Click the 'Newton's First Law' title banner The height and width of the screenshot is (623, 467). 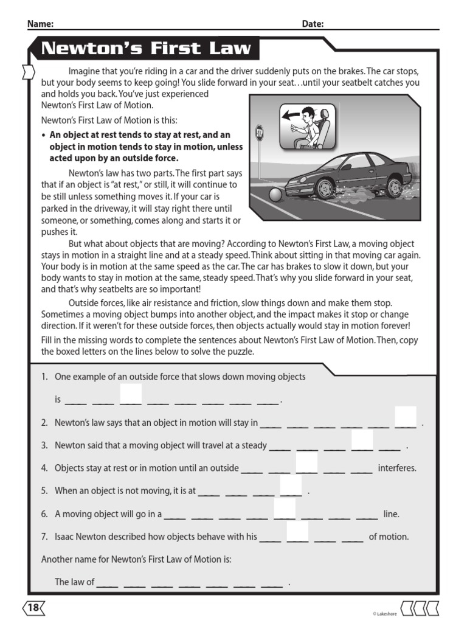pos(146,49)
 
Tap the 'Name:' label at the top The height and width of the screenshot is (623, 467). pos(40,24)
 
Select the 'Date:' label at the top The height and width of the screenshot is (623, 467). pos(313,24)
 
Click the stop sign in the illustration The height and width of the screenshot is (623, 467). pos(260,133)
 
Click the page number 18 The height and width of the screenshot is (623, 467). pos(33,607)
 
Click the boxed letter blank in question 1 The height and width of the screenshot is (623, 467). pos(131,394)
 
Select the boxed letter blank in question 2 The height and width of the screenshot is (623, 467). pos(406,417)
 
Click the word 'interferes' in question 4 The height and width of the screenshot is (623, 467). pos(397,468)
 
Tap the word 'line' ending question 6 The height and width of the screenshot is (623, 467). pos(391,514)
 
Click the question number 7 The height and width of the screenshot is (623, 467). pos(44,537)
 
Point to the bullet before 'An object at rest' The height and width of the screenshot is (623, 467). pos(43,135)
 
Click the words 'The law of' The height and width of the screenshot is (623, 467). pos(74,582)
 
